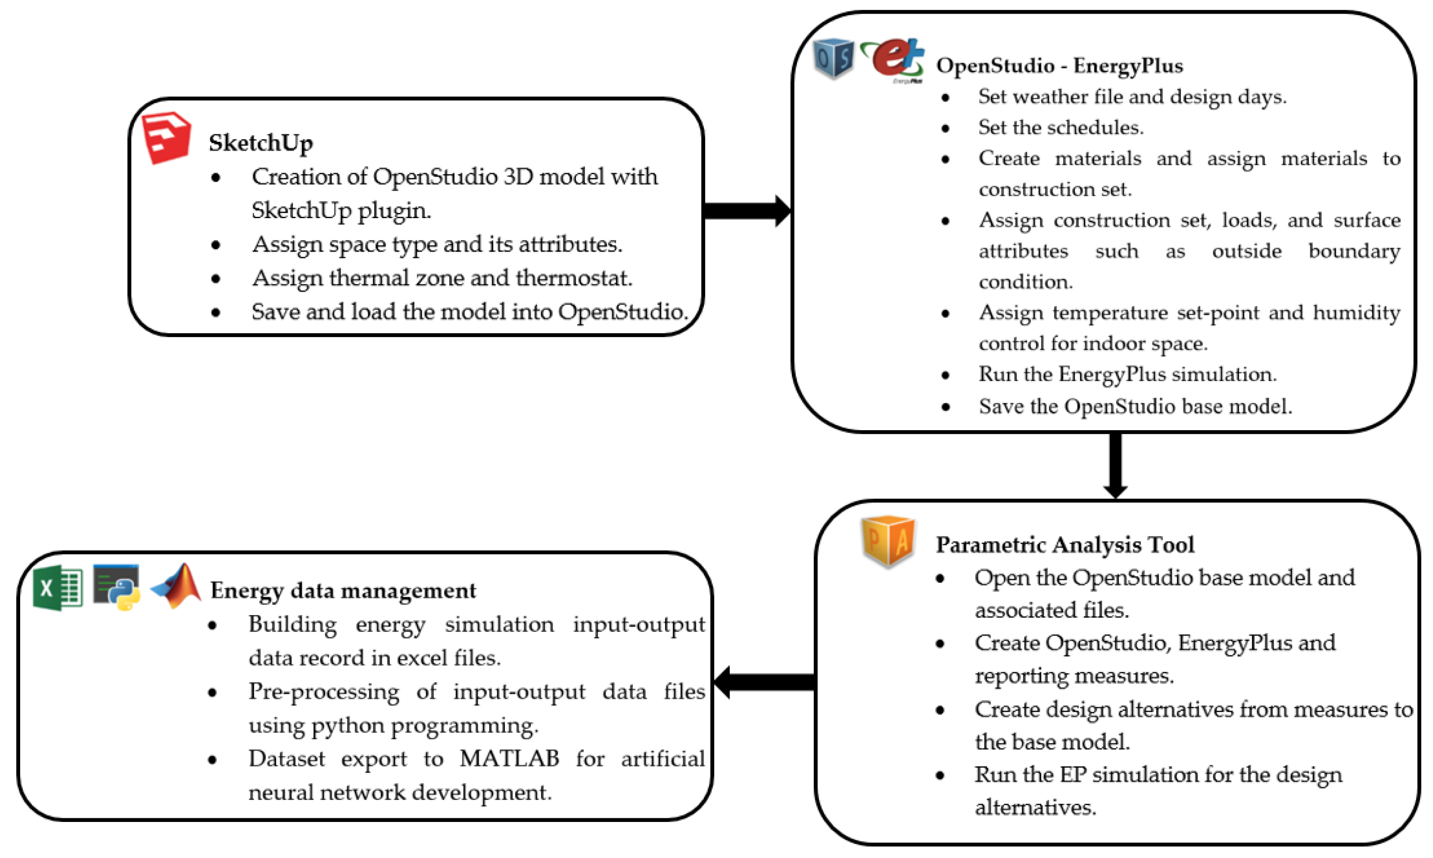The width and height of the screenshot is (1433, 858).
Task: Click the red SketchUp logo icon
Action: click(167, 138)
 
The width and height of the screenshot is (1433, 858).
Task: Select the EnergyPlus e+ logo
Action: click(892, 59)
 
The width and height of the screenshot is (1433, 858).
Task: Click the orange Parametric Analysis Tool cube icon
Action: click(888, 541)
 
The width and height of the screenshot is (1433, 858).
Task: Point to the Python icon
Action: click(117, 587)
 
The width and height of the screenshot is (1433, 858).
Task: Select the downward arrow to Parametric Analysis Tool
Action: click(1115, 465)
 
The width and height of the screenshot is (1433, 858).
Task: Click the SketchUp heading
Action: click(261, 143)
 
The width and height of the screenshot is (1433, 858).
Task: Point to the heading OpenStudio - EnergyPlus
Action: click(1059, 66)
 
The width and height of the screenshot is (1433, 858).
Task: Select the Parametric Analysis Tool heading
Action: click(1065, 545)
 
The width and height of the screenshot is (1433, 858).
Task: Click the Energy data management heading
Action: click(343, 590)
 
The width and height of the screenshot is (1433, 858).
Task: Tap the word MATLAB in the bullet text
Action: click(509, 759)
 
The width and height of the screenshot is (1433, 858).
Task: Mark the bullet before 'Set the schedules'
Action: click(946, 128)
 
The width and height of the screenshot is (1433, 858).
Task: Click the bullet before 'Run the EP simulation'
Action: click(940, 775)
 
